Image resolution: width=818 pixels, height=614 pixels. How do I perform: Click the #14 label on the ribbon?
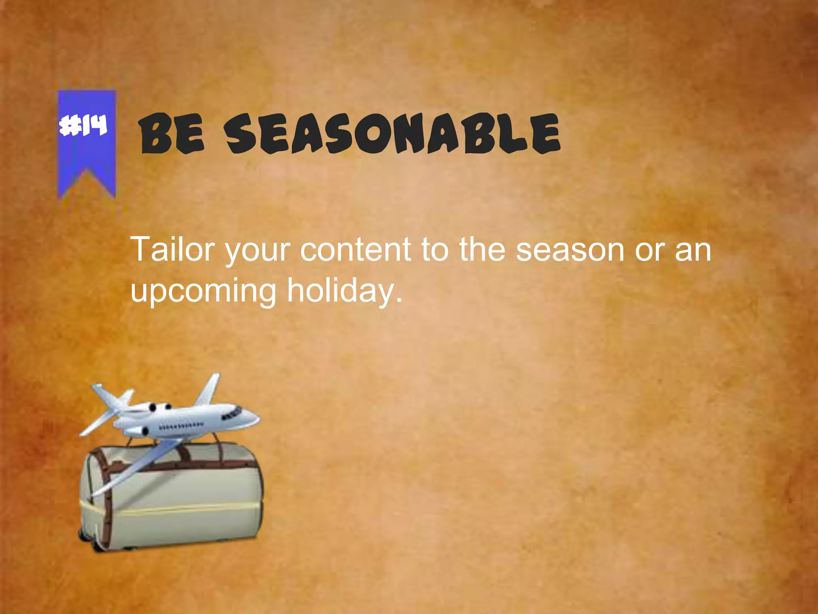(x=83, y=125)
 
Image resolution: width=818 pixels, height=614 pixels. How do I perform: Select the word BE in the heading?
(x=172, y=134)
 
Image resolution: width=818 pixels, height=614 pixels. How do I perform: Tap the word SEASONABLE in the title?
(x=391, y=134)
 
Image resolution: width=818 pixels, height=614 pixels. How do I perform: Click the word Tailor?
(x=173, y=249)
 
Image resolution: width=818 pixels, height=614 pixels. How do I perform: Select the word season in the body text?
(x=570, y=249)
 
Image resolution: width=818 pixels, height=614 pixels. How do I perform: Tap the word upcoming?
(x=203, y=291)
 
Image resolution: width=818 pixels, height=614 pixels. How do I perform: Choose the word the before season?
(x=482, y=249)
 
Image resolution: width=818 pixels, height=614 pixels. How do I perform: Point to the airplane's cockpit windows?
(x=233, y=413)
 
